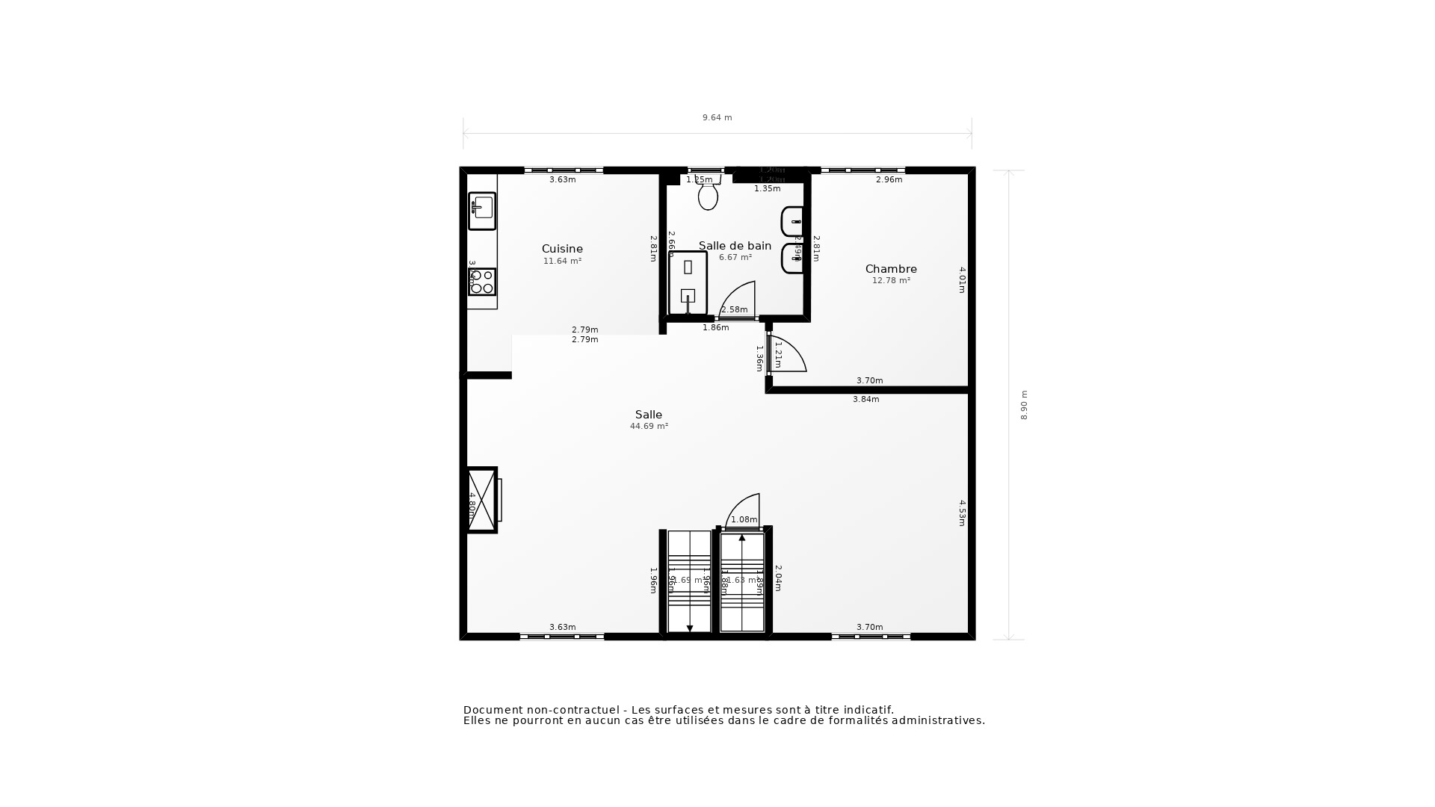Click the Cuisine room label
click(x=562, y=249)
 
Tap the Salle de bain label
click(x=735, y=246)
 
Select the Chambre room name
click(x=891, y=269)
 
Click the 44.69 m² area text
click(x=649, y=427)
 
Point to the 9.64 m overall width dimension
click(x=717, y=118)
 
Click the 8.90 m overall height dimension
click(x=1024, y=405)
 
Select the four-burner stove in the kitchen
click(x=482, y=282)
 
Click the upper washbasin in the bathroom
click(x=793, y=222)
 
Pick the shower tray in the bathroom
click(x=688, y=283)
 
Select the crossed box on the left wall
click(x=482, y=499)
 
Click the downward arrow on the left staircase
click(x=689, y=628)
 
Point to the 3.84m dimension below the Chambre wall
click(x=865, y=400)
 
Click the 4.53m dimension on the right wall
click(x=963, y=513)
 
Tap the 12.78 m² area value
click(x=891, y=281)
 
